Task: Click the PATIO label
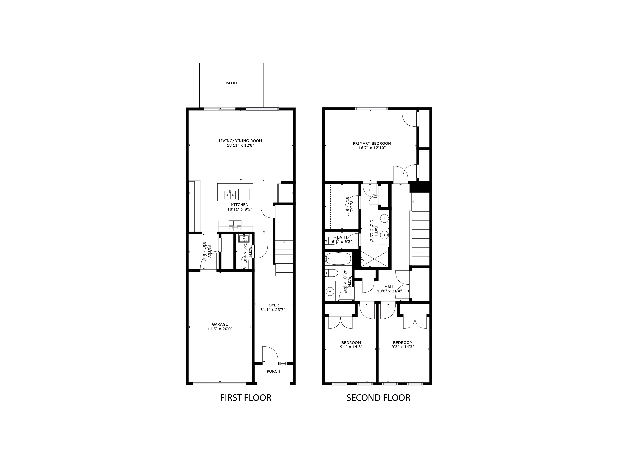231,83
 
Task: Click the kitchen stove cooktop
235,223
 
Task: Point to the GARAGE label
220,324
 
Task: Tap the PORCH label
273,371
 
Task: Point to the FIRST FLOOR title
245,398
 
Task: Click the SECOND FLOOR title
378,398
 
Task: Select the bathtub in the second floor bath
338,259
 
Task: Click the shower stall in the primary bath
374,259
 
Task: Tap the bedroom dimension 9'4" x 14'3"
351,347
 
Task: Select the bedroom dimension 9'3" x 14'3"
403,347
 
